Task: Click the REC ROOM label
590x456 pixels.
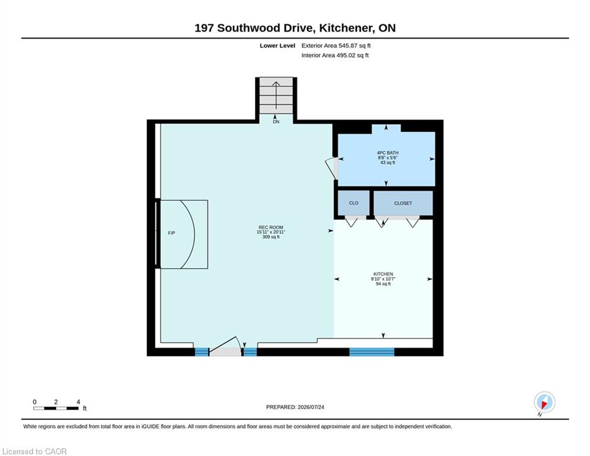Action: click(x=271, y=227)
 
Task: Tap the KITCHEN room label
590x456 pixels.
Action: click(x=383, y=274)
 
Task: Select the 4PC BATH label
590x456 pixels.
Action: click(x=388, y=153)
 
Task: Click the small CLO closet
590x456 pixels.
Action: click(x=353, y=203)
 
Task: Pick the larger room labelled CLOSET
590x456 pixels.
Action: click(x=403, y=203)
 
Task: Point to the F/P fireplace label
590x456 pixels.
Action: click(x=171, y=233)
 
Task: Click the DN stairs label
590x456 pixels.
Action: click(x=276, y=122)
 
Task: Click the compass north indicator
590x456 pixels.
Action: click(x=544, y=402)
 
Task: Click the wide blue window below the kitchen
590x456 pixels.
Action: click(x=372, y=352)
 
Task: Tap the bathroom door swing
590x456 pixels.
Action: click(x=331, y=168)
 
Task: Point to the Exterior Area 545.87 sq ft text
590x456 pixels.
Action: click(x=336, y=46)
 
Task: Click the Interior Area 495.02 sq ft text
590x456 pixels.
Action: click(x=335, y=55)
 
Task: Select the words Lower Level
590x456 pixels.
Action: click(x=278, y=46)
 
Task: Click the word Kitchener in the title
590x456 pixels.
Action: click(x=346, y=28)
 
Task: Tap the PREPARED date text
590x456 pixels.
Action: click(x=295, y=407)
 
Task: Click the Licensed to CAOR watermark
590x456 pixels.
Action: click(x=34, y=451)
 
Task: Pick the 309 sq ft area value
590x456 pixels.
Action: click(x=271, y=237)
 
